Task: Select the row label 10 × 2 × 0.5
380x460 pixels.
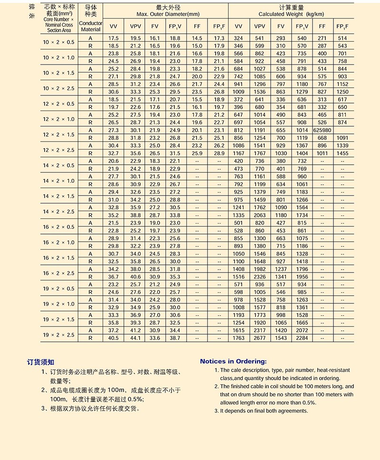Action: tap(58, 42)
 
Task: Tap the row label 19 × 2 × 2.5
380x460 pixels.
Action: tap(58, 334)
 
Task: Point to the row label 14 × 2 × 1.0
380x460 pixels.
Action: tap(58, 181)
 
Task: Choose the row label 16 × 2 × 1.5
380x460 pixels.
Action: tap(58, 258)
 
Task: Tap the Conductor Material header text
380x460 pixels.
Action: tap(90, 26)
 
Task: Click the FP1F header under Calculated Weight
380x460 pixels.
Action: tap(342, 27)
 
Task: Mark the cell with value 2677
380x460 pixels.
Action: tap(259, 338)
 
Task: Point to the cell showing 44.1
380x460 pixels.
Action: tap(135, 338)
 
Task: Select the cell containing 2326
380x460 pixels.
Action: tap(259, 277)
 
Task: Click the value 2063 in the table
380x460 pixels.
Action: tap(259, 215)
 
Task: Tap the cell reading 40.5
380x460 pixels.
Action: tap(113, 338)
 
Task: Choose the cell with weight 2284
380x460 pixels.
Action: tap(302, 338)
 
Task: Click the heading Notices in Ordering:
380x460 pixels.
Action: tap(233, 361)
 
